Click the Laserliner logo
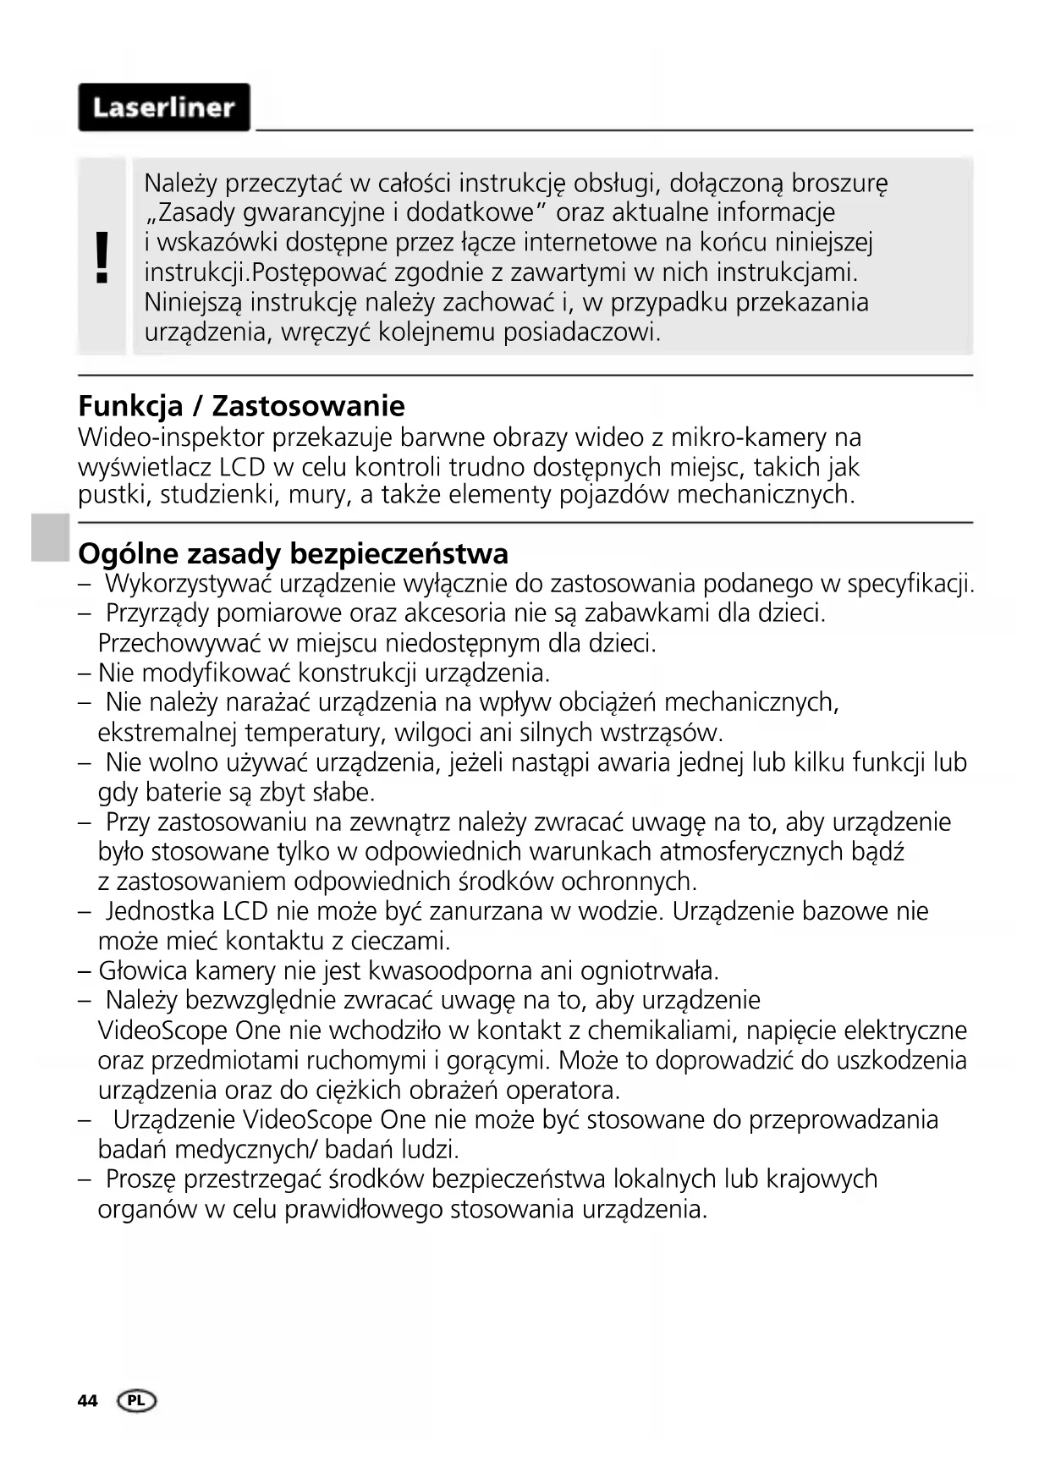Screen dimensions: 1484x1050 click(164, 107)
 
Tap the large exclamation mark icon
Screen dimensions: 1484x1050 click(102, 258)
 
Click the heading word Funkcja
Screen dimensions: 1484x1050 click(130, 406)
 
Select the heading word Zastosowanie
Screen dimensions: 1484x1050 click(308, 406)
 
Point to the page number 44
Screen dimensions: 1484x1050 click(87, 1401)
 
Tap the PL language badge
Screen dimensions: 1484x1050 click(138, 1401)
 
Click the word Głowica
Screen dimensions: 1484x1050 click(139, 970)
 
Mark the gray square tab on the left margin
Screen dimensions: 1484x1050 click(51, 537)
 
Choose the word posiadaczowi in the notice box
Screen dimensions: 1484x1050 click(581, 332)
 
